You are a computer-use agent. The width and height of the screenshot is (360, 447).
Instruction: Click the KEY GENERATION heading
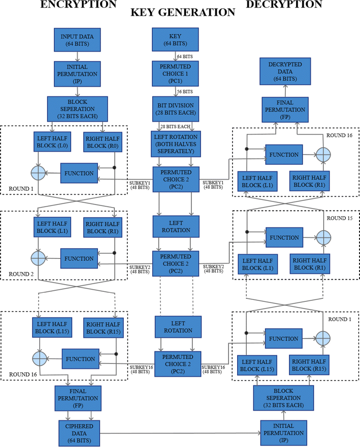tap(183, 13)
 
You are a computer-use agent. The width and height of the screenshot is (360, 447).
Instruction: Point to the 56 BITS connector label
tap(185, 92)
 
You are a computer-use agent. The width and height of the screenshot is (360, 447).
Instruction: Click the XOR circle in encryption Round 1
tap(39, 173)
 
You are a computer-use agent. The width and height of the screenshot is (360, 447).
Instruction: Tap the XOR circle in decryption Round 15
tap(323, 237)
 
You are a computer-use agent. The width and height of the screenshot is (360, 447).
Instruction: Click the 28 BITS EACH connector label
tap(175, 125)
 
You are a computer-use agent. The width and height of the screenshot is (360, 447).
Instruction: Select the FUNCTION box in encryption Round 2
tap(78, 258)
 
